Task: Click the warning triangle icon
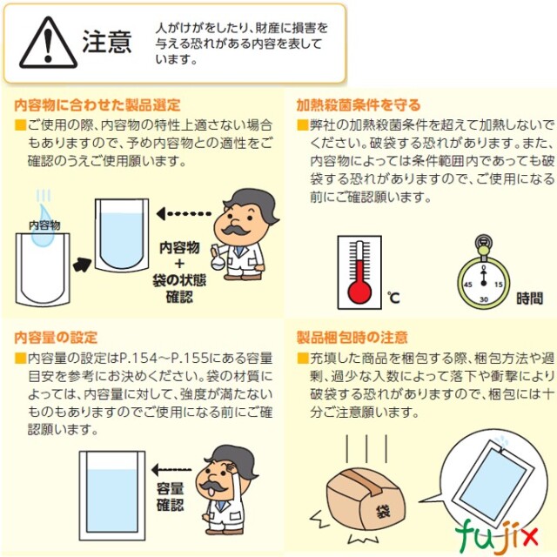tap(49, 44)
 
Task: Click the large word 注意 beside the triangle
tap(107, 42)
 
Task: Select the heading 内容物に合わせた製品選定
tap(97, 105)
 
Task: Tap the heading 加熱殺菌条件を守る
tap(359, 105)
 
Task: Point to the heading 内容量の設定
tap(56, 338)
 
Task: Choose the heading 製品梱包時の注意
tap(352, 338)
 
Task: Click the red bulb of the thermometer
tap(359, 292)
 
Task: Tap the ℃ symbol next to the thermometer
tap(393, 298)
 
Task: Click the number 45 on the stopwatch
tap(468, 285)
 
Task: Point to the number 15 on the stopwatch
tap(499, 285)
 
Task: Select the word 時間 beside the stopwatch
tap(530, 298)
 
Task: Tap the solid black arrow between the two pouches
tap(83, 265)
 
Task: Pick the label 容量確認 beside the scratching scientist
tap(171, 497)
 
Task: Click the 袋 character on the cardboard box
tap(383, 511)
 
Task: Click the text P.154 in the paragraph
tap(138, 359)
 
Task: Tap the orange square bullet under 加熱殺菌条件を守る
tap(303, 125)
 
